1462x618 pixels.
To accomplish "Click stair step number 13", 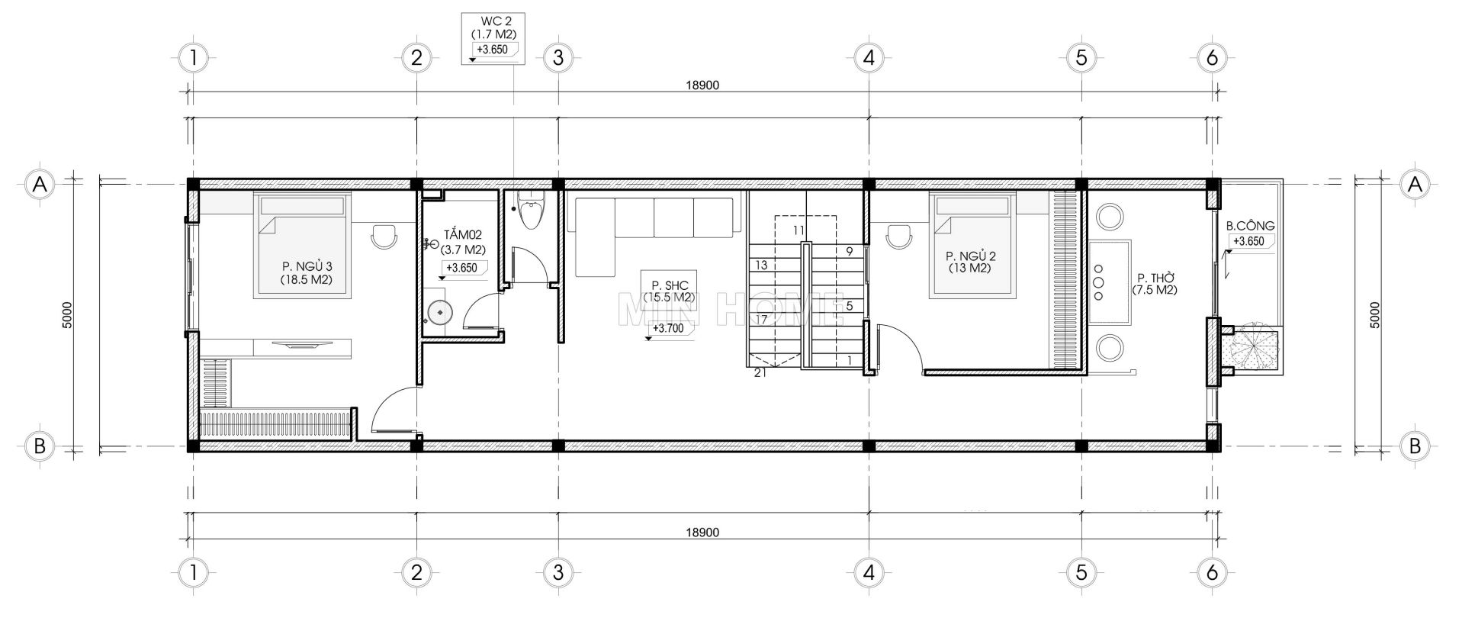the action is [760, 266].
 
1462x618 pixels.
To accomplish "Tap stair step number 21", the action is [760, 372].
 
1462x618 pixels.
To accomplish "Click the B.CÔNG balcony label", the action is [1250, 226].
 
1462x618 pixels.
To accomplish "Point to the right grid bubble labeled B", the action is [1415, 446].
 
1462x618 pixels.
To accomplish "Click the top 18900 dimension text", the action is [702, 85].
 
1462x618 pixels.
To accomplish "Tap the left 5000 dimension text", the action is [67, 315].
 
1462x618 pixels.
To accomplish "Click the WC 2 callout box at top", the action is [493, 38].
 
